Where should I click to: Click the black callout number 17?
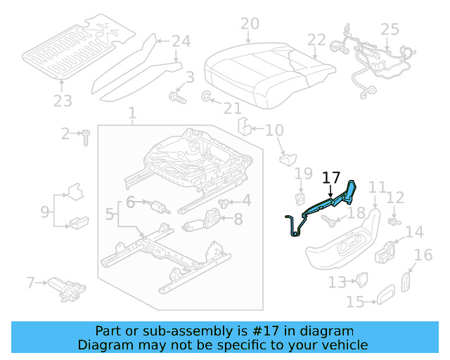[330, 179]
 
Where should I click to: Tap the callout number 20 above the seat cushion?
[250, 25]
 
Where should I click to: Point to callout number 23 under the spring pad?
[63, 101]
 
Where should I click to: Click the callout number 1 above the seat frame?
[132, 112]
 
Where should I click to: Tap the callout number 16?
[423, 255]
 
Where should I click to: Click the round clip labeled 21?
[207, 95]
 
